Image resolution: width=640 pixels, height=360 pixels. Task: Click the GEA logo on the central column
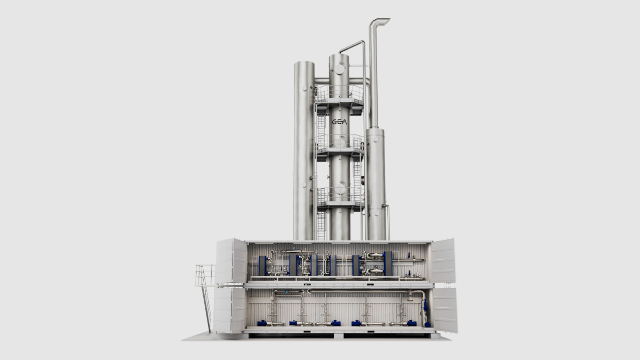tap(339, 122)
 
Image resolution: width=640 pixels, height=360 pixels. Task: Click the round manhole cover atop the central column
tap(339, 69)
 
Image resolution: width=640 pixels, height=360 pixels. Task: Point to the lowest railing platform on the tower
tap(341, 198)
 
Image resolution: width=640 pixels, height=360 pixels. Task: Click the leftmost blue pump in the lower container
tap(262, 323)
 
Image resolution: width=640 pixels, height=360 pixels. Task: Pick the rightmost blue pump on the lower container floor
tap(427, 324)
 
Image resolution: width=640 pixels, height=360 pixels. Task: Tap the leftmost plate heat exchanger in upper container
tap(263, 266)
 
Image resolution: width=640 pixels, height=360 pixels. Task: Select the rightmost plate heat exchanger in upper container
tap(388, 263)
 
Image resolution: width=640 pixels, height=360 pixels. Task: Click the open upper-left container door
tap(231, 261)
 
